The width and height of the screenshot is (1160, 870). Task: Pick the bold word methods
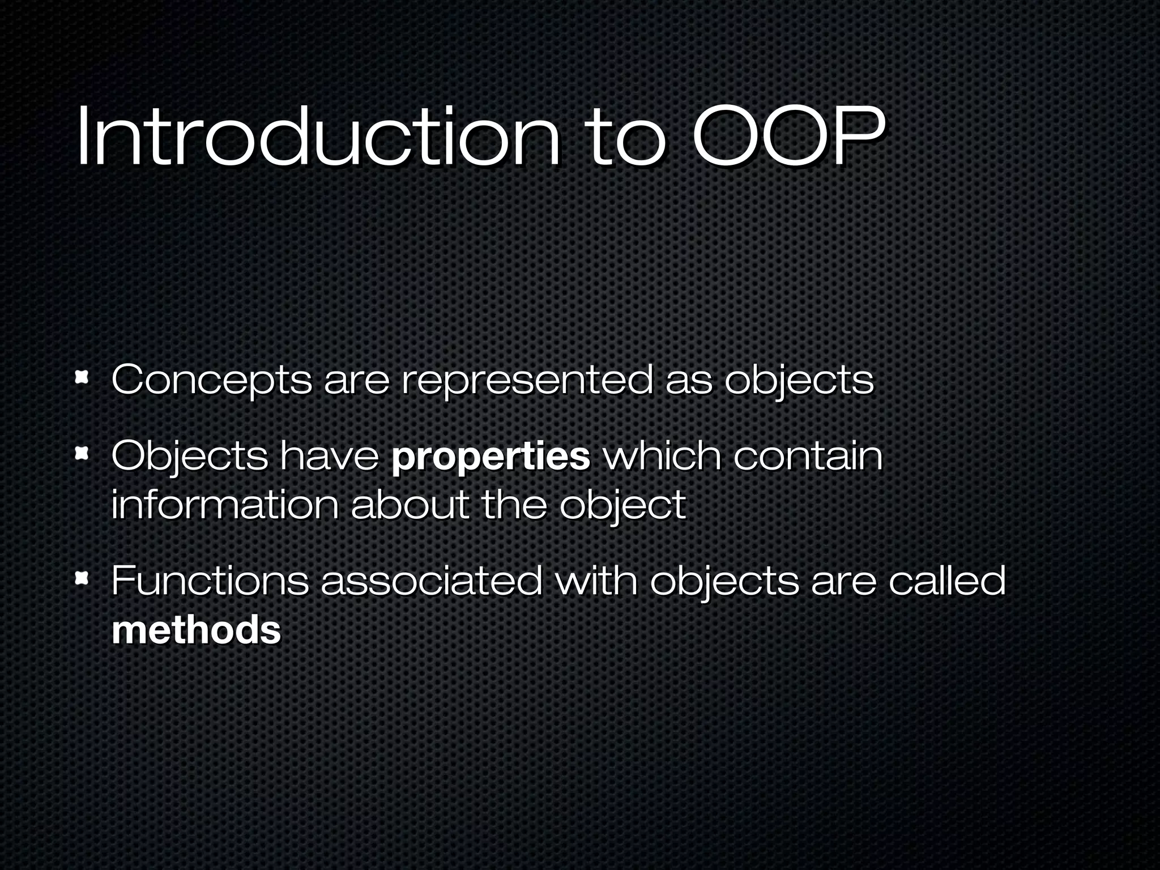point(196,630)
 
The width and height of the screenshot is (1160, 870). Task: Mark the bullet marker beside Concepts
point(82,377)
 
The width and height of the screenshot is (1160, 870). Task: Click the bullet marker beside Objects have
point(82,453)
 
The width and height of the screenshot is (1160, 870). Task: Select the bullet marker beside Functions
point(82,578)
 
